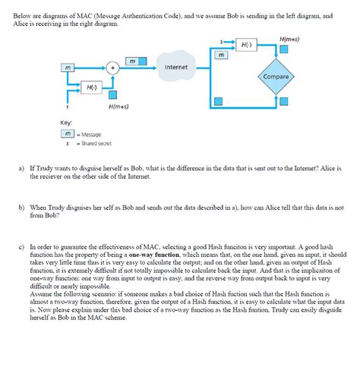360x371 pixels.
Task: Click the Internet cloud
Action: click(x=175, y=67)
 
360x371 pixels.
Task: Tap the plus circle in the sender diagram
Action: click(x=112, y=68)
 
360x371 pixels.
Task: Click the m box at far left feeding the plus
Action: click(x=69, y=68)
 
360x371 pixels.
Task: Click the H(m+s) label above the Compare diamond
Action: click(x=289, y=37)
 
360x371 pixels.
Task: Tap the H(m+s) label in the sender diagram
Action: click(x=118, y=106)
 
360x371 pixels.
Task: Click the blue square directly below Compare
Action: click(x=283, y=101)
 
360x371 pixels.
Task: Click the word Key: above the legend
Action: click(x=67, y=122)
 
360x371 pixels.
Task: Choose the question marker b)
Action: click(x=21, y=206)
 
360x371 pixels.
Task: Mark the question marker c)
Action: click(x=21, y=247)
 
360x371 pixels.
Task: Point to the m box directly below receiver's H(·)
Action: click(x=220, y=55)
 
